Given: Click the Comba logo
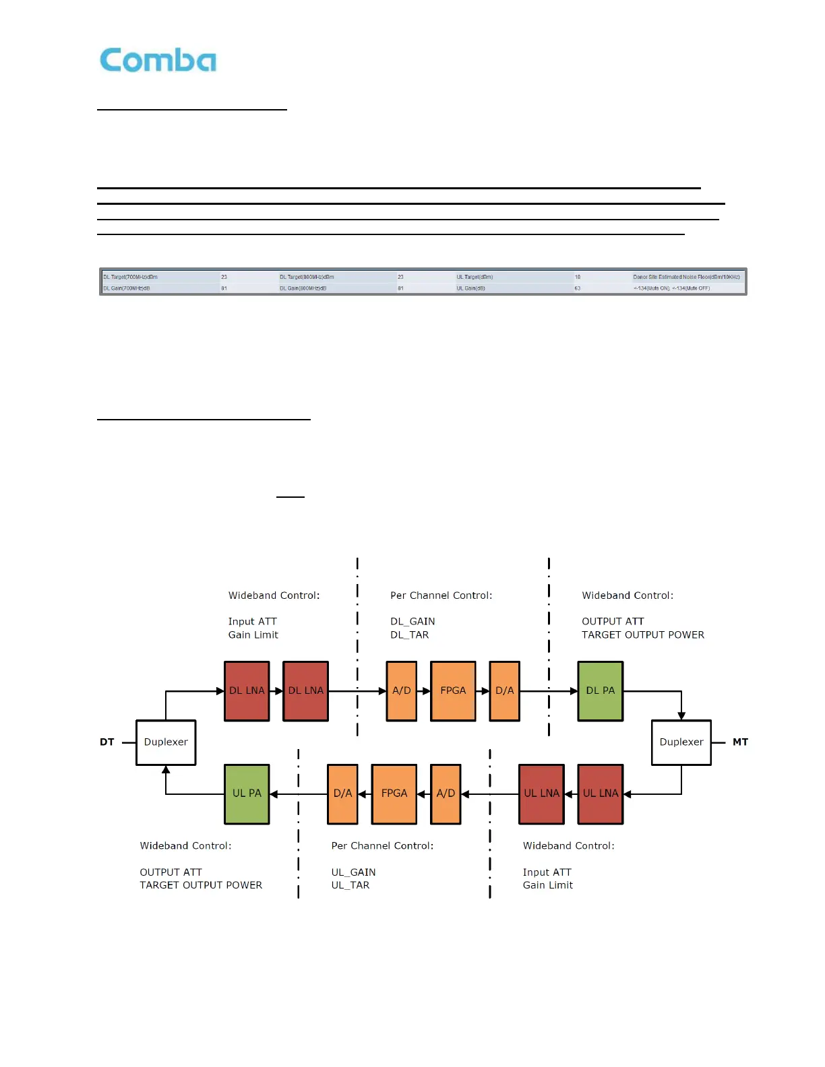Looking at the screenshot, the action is tap(158, 60).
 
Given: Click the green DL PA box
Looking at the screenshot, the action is tap(600, 691).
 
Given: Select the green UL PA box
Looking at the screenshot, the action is tap(247, 794).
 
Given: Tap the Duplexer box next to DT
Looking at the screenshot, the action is tap(166, 742).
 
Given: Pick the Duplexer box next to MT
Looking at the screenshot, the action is tap(681, 742).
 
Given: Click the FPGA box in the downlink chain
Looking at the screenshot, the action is tap(453, 691).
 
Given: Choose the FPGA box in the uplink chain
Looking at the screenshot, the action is tap(394, 794).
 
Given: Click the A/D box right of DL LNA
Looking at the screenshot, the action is tap(401, 691).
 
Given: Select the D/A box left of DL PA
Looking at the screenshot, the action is tap(504, 691).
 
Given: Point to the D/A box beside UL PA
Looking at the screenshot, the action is tap(342, 794).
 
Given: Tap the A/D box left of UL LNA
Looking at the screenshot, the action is tap(446, 794).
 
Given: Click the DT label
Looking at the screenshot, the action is tap(107, 742).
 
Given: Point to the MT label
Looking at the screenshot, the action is tap(740, 742).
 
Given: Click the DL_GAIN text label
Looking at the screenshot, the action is tap(413, 621).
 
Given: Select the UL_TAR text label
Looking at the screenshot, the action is tap(350, 885).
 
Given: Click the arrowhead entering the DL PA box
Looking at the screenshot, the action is tap(574, 691).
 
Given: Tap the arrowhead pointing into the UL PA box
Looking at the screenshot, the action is tap(274, 794).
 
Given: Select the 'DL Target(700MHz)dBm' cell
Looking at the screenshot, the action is tap(131, 277).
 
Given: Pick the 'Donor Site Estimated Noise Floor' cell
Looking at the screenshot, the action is tap(686, 277).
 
